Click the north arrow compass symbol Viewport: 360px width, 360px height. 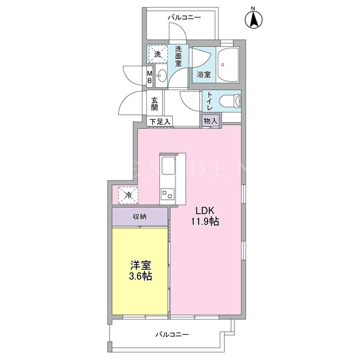(x=254, y=20)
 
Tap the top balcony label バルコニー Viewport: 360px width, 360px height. (x=184, y=17)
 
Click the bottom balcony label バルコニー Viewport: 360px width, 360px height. (x=172, y=334)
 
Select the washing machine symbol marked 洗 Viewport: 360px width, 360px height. (x=157, y=55)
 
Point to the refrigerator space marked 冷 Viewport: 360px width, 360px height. (x=128, y=195)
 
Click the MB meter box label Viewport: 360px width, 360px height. (x=150, y=77)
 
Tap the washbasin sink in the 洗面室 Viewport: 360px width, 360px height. (x=161, y=75)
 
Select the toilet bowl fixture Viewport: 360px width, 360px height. (x=230, y=101)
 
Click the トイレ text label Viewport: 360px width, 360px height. (x=210, y=101)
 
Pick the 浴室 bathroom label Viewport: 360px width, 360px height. (x=204, y=74)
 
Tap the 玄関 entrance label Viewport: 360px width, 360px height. (x=154, y=104)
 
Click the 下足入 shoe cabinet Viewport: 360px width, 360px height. (x=160, y=121)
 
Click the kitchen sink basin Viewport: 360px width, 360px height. (x=168, y=165)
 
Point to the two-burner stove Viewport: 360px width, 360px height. (x=168, y=195)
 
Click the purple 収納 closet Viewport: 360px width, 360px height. (x=140, y=217)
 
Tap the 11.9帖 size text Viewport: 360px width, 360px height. (x=205, y=222)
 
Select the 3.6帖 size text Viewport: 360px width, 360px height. (x=141, y=276)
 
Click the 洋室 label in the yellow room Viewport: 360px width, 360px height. (x=141, y=265)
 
